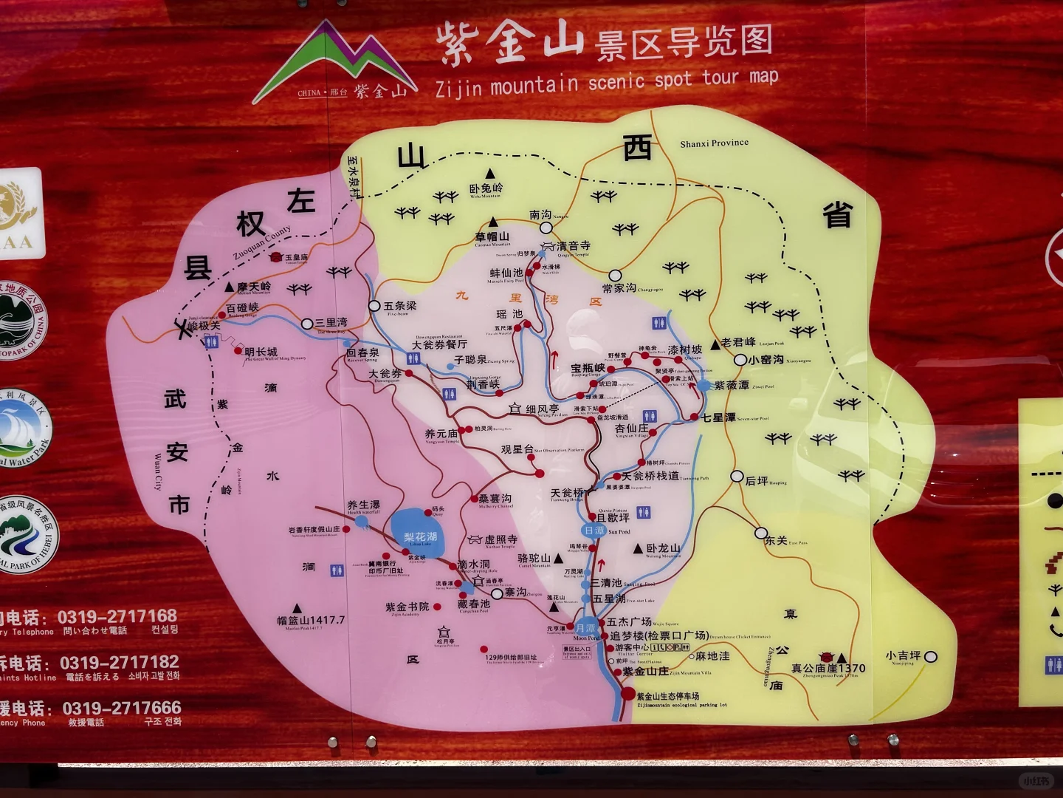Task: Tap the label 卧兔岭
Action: (486, 188)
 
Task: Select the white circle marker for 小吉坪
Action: (931, 656)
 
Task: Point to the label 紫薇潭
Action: (732, 385)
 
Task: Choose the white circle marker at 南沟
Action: (546, 228)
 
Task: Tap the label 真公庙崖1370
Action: (828, 669)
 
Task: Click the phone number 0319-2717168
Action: (117, 615)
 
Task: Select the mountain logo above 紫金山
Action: (337, 59)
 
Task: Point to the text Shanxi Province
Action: (714, 143)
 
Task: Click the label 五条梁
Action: (400, 305)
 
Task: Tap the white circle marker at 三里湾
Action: (307, 324)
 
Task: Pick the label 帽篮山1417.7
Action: (311, 621)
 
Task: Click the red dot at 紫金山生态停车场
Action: (627, 694)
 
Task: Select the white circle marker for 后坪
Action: (737, 477)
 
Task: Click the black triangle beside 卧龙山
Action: (638, 549)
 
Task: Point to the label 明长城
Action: (261, 352)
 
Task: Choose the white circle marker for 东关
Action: (761, 533)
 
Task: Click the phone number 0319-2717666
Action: (122, 708)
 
